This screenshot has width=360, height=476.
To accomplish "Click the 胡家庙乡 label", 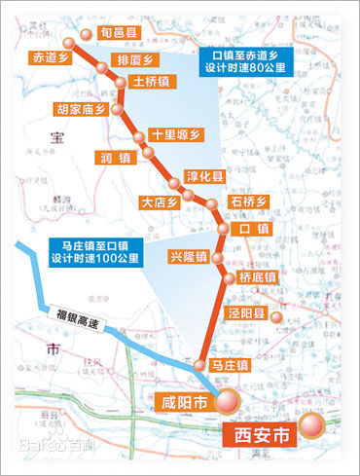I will [x=80, y=110].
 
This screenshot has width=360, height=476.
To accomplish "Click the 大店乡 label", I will [x=161, y=202].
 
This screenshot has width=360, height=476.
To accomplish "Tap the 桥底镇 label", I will [x=257, y=277].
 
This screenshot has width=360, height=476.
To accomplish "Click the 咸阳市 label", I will [x=184, y=399].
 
